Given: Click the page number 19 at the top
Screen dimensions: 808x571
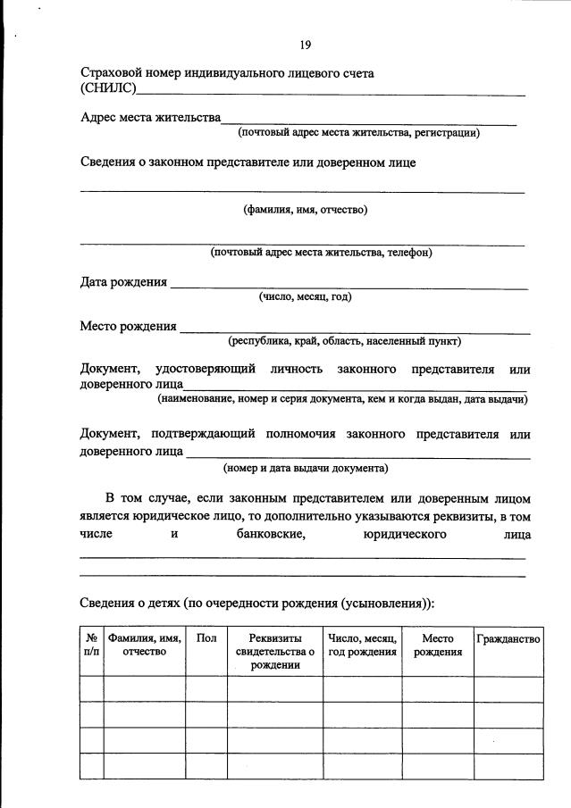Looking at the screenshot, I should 305,46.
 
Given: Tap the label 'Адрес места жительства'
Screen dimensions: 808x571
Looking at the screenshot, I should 150,118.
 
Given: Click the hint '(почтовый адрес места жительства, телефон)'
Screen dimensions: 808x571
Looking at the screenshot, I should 322,253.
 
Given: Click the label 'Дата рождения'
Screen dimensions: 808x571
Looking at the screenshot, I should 123,282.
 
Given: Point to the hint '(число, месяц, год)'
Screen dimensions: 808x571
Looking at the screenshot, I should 305,296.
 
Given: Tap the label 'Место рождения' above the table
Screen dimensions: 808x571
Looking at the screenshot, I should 128,326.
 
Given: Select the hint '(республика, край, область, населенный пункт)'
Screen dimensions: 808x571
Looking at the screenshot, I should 344,340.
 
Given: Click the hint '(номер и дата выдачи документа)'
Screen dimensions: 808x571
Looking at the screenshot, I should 305,467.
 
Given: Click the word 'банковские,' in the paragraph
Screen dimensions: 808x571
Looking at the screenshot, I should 265,534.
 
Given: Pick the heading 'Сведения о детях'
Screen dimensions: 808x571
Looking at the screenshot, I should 130,603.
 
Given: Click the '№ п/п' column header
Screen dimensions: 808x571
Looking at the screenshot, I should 91,646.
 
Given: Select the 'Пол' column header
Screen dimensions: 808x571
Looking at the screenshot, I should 206,639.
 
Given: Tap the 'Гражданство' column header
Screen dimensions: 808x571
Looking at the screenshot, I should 508,639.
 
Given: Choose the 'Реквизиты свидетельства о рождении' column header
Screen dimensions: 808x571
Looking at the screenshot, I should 274,652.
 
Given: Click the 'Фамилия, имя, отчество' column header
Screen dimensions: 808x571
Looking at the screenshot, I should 144,646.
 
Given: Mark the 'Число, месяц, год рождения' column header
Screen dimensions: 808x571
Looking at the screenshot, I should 362,646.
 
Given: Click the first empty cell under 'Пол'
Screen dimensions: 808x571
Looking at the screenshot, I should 206,689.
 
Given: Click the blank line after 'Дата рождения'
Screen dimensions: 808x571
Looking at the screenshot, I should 348,286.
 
